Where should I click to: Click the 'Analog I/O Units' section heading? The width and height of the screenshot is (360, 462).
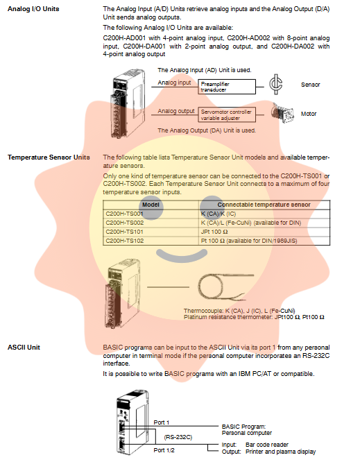[33, 9]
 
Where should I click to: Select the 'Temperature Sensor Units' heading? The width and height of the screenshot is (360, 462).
[49, 157]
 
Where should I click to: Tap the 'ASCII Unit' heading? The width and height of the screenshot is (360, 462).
[24, 348]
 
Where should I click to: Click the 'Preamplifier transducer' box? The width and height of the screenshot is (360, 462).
[227, 87]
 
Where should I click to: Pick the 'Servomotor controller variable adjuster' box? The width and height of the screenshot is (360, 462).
[227, 115]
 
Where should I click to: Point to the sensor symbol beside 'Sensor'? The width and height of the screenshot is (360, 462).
[276, 84]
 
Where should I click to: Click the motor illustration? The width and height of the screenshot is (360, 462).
[283, 113]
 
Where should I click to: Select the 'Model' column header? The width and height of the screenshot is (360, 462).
[151, 205]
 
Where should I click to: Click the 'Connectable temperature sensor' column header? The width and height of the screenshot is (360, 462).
[264, 205]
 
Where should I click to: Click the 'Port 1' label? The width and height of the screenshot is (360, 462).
[162, 422]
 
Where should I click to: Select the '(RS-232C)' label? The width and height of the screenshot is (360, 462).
[178, 437]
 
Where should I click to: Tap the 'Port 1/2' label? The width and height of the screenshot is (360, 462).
[164, 450]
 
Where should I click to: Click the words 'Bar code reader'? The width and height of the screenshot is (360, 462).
[267, 445]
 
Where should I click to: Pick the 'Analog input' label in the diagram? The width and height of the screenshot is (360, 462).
[174, 83]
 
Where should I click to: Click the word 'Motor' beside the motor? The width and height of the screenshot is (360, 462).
[309, 114]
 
